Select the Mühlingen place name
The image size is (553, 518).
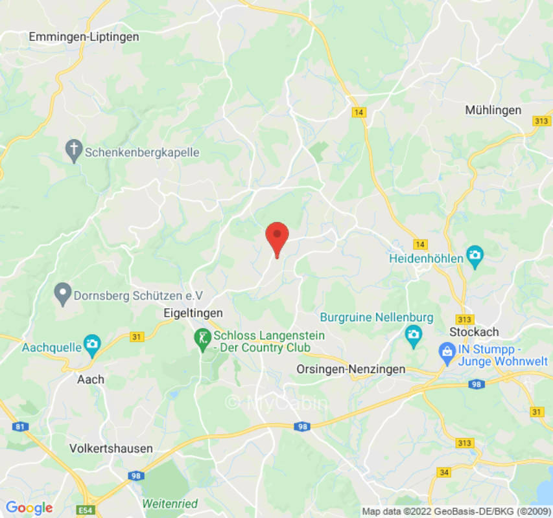(493, 110)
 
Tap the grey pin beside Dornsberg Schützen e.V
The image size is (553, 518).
(63, 295)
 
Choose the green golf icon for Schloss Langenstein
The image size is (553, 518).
(203, 337)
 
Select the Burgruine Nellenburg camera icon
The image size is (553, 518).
(412, 335)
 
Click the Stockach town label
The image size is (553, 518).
(474, 332)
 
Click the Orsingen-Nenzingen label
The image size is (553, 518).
(350, 369)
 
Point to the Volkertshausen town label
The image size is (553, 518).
(112, 448)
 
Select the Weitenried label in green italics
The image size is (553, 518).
(170, 503)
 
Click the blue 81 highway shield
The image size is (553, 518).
(19, 426)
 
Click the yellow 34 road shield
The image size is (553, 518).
(444, 473)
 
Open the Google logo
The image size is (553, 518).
(29, 508)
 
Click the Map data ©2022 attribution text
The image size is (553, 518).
(454, 512)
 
